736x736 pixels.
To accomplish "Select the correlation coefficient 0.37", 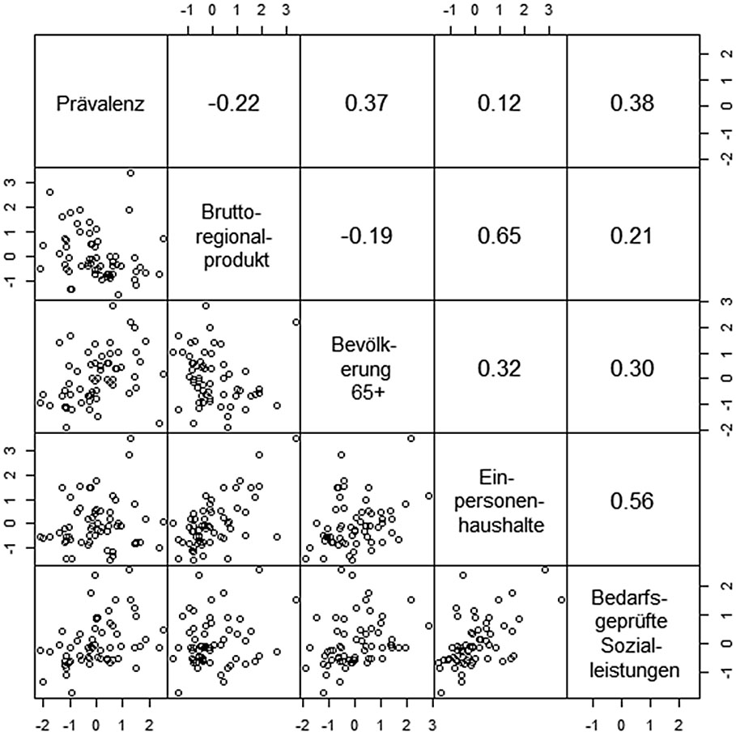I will tap(367, 104).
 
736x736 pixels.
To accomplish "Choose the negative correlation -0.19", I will tap(367, 236).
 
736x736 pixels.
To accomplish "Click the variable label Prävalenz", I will tap(100, 104).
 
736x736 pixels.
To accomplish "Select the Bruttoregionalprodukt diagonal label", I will tap(233, 235).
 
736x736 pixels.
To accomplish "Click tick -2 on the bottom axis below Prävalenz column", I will tap(45, 723).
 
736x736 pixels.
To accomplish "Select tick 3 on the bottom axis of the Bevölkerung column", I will tap(432, 723).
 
